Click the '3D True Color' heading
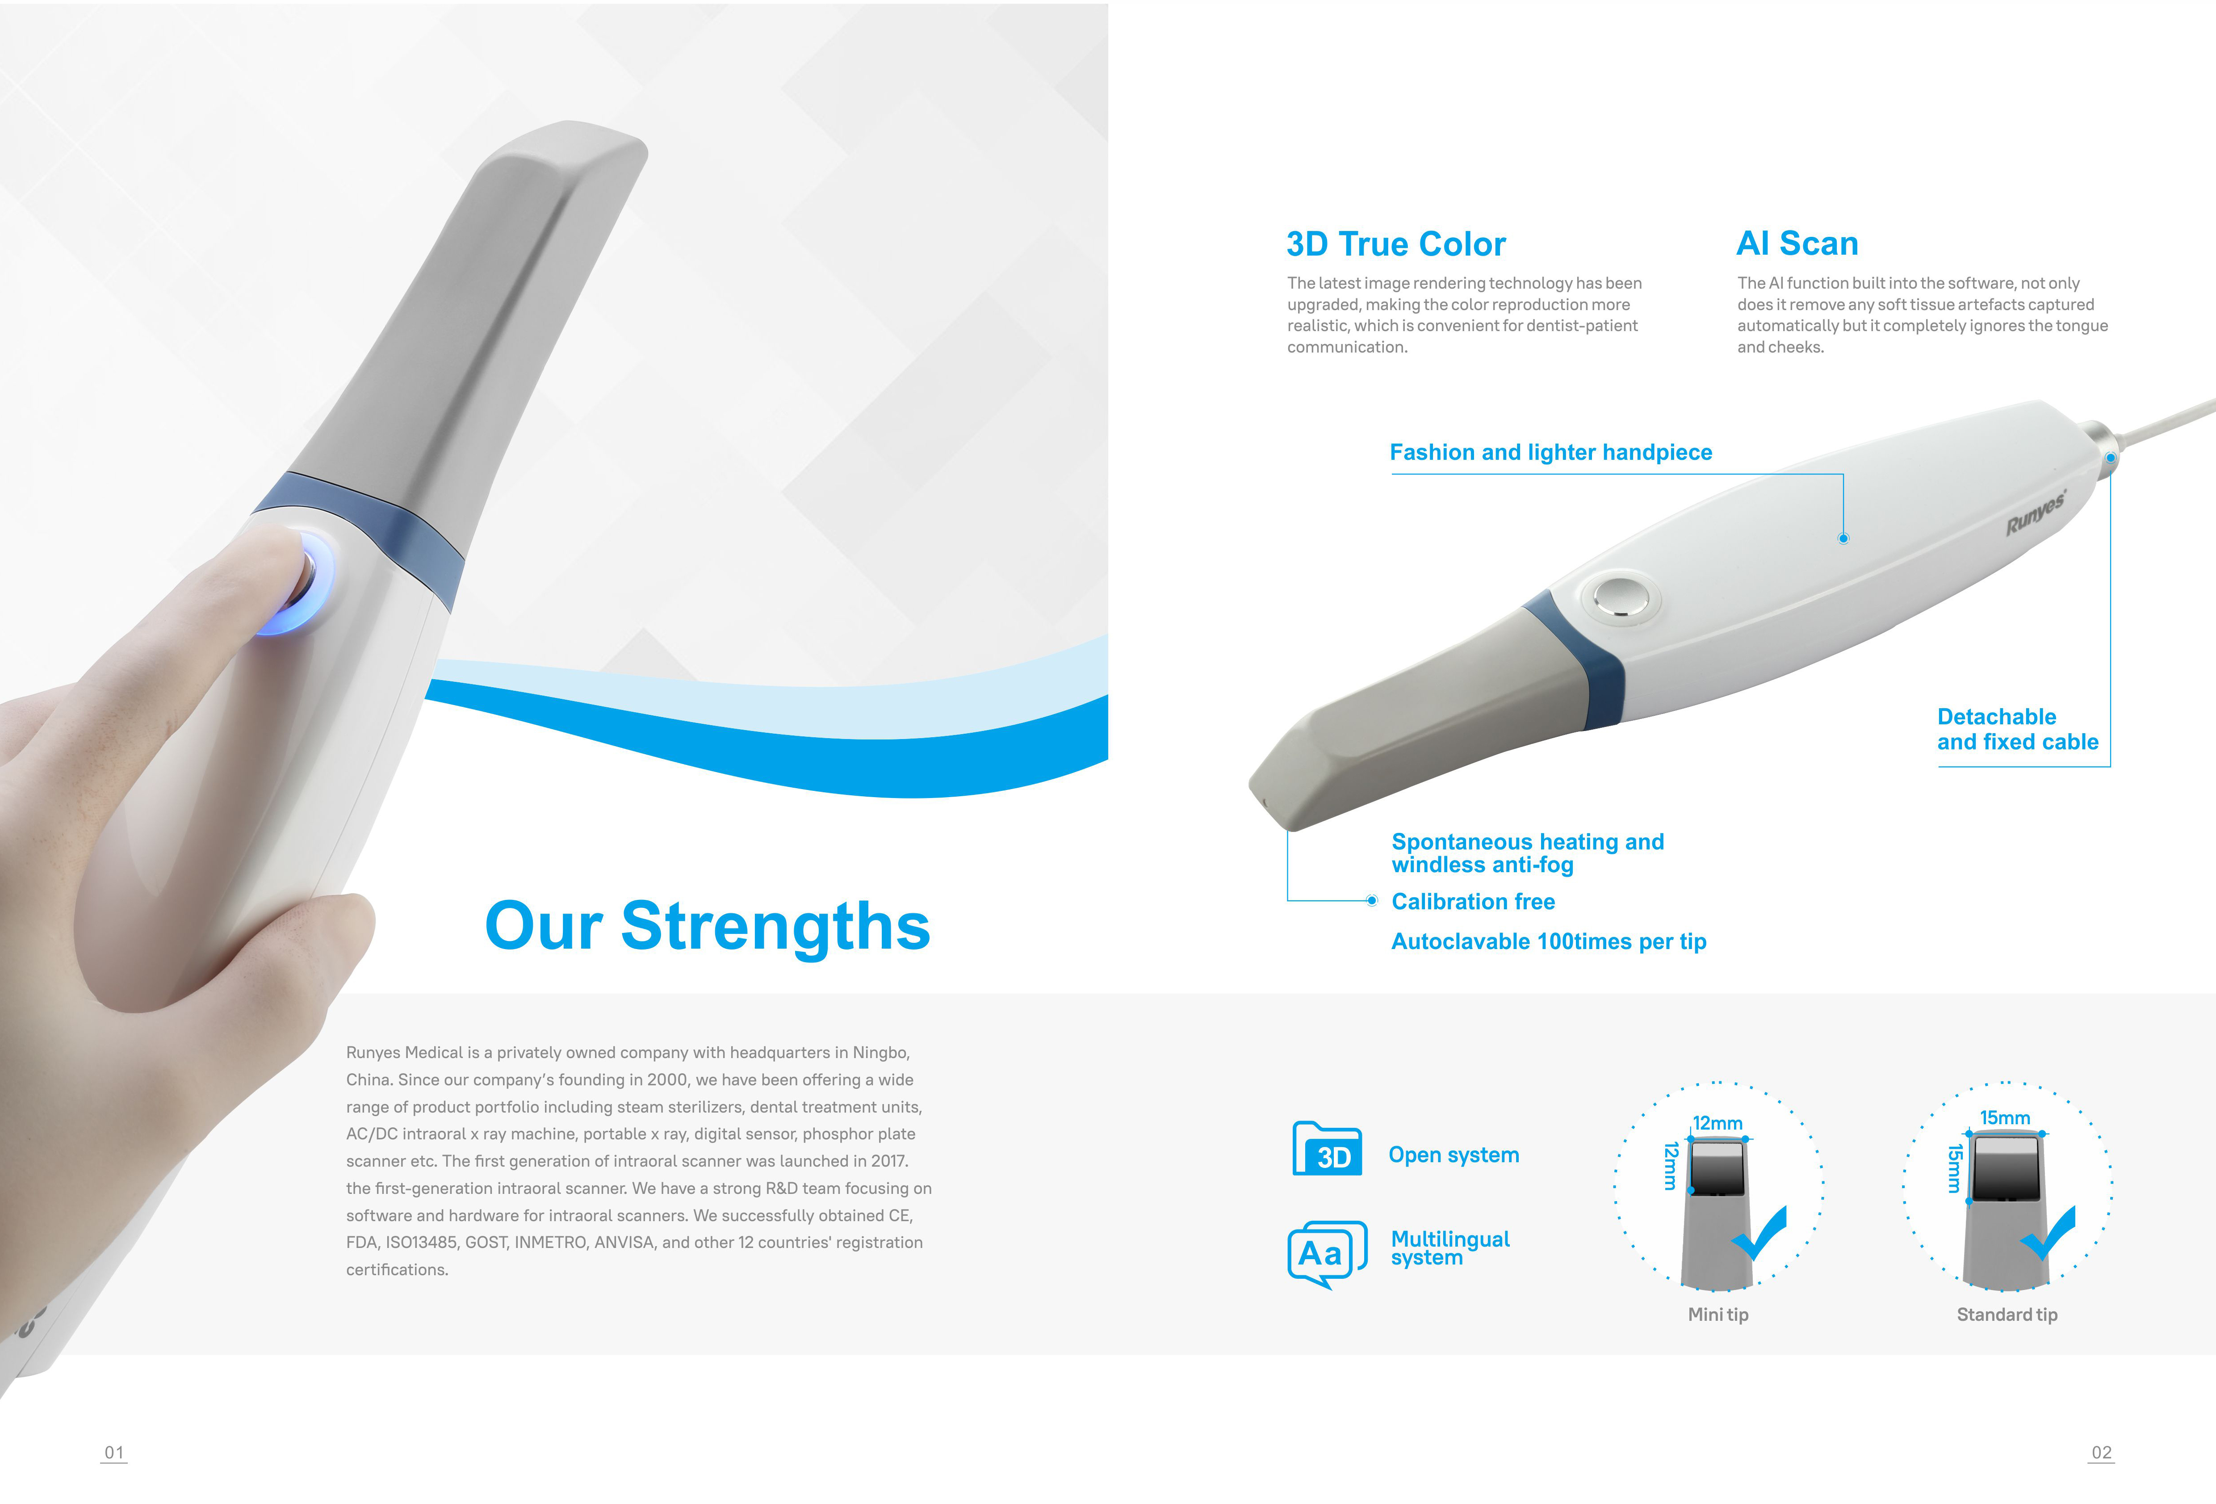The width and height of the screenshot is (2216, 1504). (x=1396, y=244)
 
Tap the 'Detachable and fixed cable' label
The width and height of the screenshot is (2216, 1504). (x=2018, y=730)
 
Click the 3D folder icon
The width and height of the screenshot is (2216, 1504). (x=1327, y=1149)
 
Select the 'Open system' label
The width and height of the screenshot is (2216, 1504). (x=1453, y=1155)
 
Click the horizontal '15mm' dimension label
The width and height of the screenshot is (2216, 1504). (x=2004, y=1118)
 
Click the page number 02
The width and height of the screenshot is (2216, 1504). (x=2102, y=1453)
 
